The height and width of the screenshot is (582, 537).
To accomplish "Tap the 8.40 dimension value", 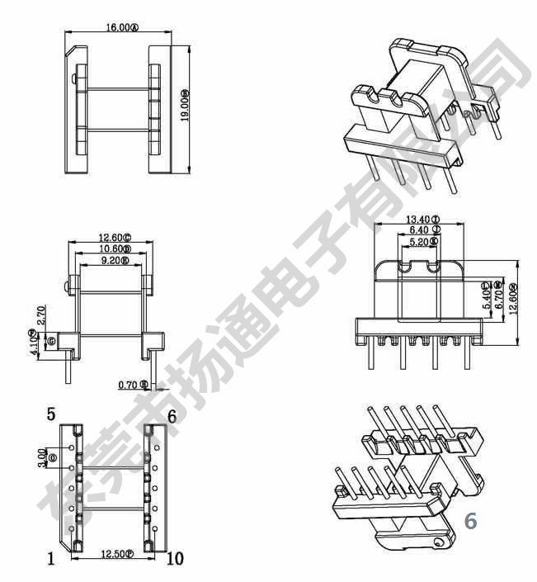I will pyautogui.click(x=422, y=230).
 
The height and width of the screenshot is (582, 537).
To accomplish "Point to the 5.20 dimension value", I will pyautogui.click(x=422, y=243).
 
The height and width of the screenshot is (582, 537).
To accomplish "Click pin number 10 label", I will pyautogui.click(x=175, y=560).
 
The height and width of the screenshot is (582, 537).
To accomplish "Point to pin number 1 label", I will pyautogui.click(x=51, y=560).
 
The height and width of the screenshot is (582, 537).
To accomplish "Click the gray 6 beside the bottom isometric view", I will pyautogui.click(x=471, y=521).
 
